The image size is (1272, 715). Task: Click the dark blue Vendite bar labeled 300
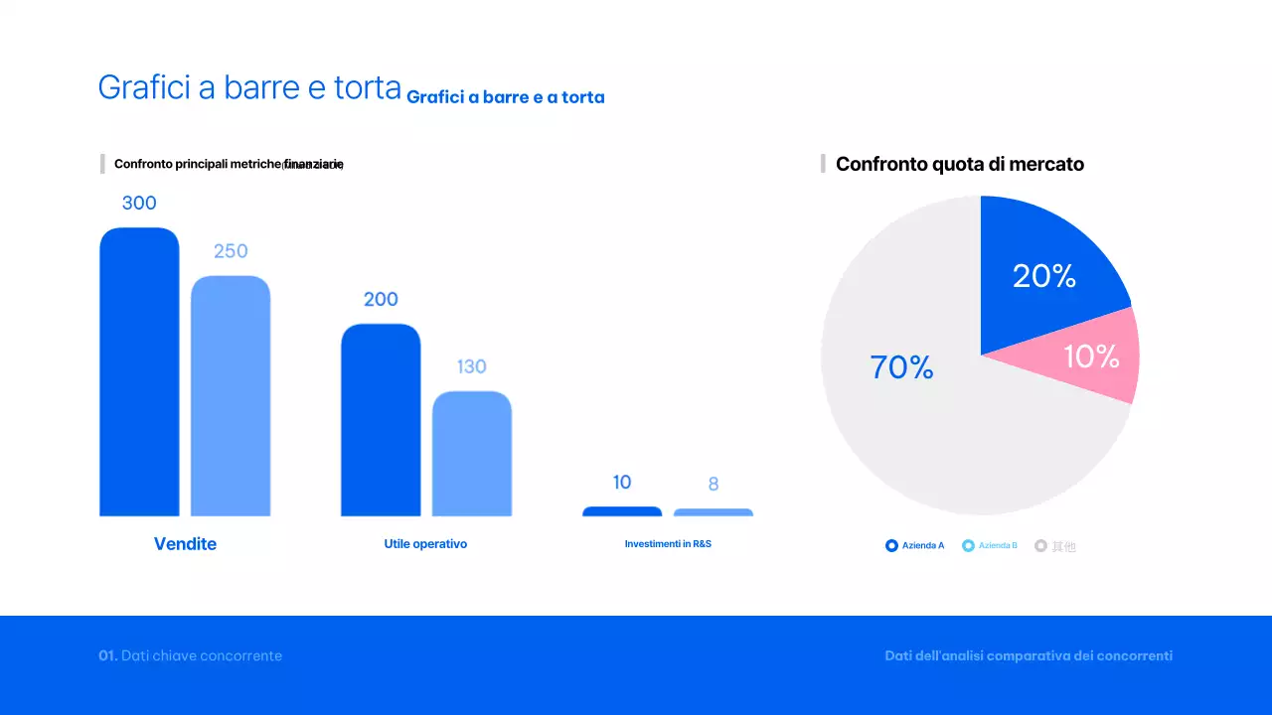tap(139, 372)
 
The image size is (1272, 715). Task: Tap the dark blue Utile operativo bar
tap(381, 419)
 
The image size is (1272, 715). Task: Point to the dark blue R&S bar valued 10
tap(622, 511)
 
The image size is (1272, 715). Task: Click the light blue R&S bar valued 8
tap(714, 512)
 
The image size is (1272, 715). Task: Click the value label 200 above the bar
tap(381, 299)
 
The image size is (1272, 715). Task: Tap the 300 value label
tap(139, 203)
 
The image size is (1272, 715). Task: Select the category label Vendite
tap(185, 544)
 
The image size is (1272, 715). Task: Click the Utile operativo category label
tap(425, 544)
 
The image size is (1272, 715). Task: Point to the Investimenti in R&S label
tap(668, 544)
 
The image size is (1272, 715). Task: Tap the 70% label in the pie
tap(901, 367)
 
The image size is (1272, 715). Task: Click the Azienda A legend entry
tap(915, 545)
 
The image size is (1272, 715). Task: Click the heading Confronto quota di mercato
tap(959, 164)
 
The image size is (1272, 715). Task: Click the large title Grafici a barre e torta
tap(249, 87)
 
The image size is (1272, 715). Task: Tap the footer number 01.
tap(107, 655)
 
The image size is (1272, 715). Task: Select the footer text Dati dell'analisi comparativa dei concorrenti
tap(1029, 655)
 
